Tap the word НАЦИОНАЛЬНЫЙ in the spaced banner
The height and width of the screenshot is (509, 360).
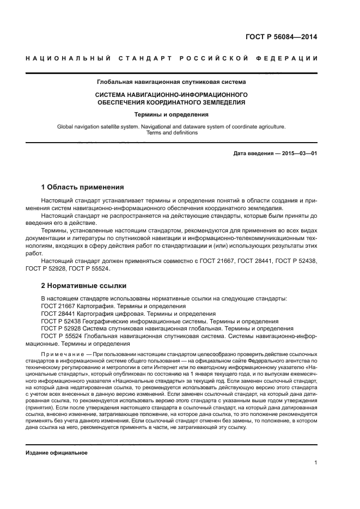65,58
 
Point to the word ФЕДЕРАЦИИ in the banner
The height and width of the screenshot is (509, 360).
291,58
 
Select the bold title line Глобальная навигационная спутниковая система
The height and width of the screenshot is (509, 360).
171,82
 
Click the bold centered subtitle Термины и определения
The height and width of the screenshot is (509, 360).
171,115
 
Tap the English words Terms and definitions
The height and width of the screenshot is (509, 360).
171,133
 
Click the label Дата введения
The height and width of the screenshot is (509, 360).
253,154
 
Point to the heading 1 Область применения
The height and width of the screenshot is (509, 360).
82,187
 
